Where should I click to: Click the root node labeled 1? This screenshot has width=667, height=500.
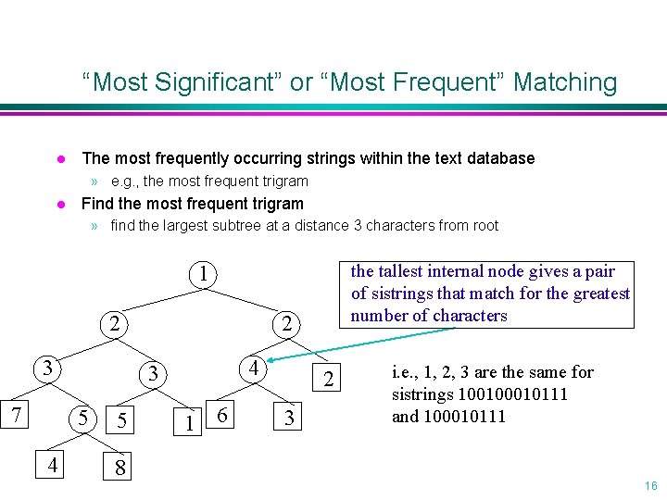coord(203,275)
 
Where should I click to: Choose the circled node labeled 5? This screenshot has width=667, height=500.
coord(82,419)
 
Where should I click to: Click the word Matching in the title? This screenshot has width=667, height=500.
coord(564,82)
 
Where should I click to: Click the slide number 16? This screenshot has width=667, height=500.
coord(650,486)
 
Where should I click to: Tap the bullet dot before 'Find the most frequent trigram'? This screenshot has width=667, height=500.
coord(58,204)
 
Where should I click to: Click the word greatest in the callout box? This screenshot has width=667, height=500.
coord(598,294)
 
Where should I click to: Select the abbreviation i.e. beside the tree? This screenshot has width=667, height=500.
coord(404,372)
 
